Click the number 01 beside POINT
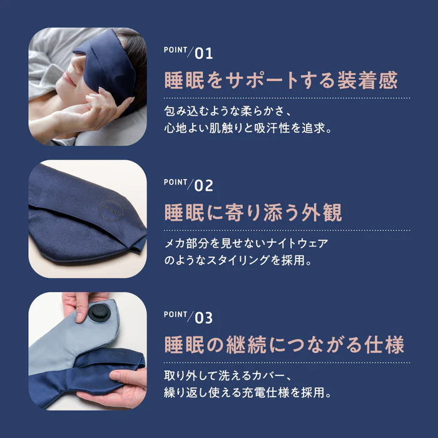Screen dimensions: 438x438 204,53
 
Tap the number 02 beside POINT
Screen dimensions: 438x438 204,186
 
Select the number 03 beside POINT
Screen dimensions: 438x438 204,318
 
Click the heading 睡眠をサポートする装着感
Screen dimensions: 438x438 281,81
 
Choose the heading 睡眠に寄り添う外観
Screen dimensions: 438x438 253,213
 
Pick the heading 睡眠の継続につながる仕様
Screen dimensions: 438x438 284,345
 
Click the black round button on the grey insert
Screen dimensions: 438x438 98,313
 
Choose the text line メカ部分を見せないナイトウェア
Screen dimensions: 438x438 246,243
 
